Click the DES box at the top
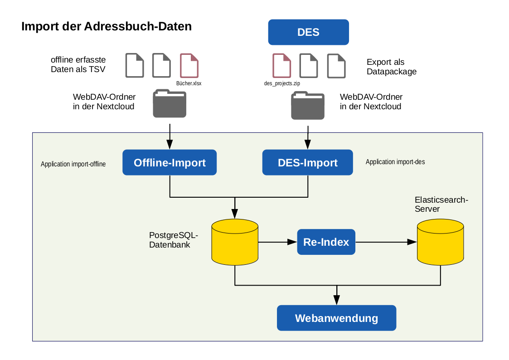tap(308, 32)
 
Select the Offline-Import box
tap(170, 162)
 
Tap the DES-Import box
tap(307, 162)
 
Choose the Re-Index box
tap(326, 242)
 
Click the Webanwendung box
tap(337, 318)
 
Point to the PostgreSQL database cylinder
tap(235, 242)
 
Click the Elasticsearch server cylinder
tap(440, 242)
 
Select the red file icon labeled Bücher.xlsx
tap(189, 66)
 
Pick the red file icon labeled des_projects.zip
tap(282, 66)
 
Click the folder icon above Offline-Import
tap(170, 103)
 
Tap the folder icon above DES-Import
tap(308, 105)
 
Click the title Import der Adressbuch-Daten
tap(107, 26)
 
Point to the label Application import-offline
tap(73, 164)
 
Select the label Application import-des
tap(395, 162)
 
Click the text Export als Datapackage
tap(392, 67)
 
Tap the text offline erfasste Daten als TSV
tap(78, 64)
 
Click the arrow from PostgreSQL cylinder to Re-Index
tap(277, 242)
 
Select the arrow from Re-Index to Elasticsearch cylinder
tap(386, 242)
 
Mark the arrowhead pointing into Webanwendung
tap(337, 300)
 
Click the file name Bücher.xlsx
tap(189, 83)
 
